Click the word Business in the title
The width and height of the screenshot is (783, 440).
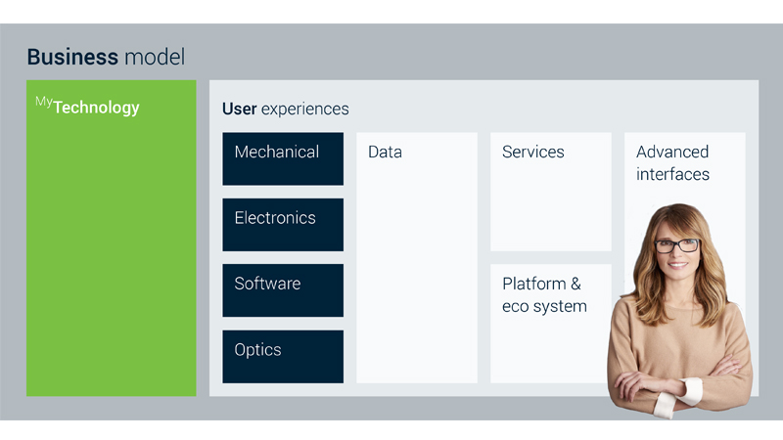[72, 57]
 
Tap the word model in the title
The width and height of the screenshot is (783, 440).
[155, 57]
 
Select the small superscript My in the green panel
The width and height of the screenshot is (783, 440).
[43, 103]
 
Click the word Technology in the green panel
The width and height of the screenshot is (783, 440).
[96, 108]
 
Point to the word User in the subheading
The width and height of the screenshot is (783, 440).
[239, 109]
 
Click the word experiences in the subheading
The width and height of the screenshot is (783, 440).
[305, 110]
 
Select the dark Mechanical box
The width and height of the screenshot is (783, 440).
[283, 158]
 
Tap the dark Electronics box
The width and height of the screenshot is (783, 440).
[283, 225]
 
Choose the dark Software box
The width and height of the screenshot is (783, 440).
[283, 290]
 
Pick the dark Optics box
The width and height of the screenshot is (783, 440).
[283, 357]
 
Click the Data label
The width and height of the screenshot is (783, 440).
[385, 152]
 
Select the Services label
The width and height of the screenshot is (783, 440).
[533, 152]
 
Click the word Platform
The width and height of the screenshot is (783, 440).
[534, 284]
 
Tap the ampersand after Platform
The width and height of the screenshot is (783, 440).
[576, 284]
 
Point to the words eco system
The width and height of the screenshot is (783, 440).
[544, 306]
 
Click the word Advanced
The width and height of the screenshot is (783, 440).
[672, 152]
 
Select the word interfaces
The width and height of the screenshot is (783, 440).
[672, 174]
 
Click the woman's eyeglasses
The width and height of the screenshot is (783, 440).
[676, 246]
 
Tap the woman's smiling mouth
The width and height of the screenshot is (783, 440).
[677, 265]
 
